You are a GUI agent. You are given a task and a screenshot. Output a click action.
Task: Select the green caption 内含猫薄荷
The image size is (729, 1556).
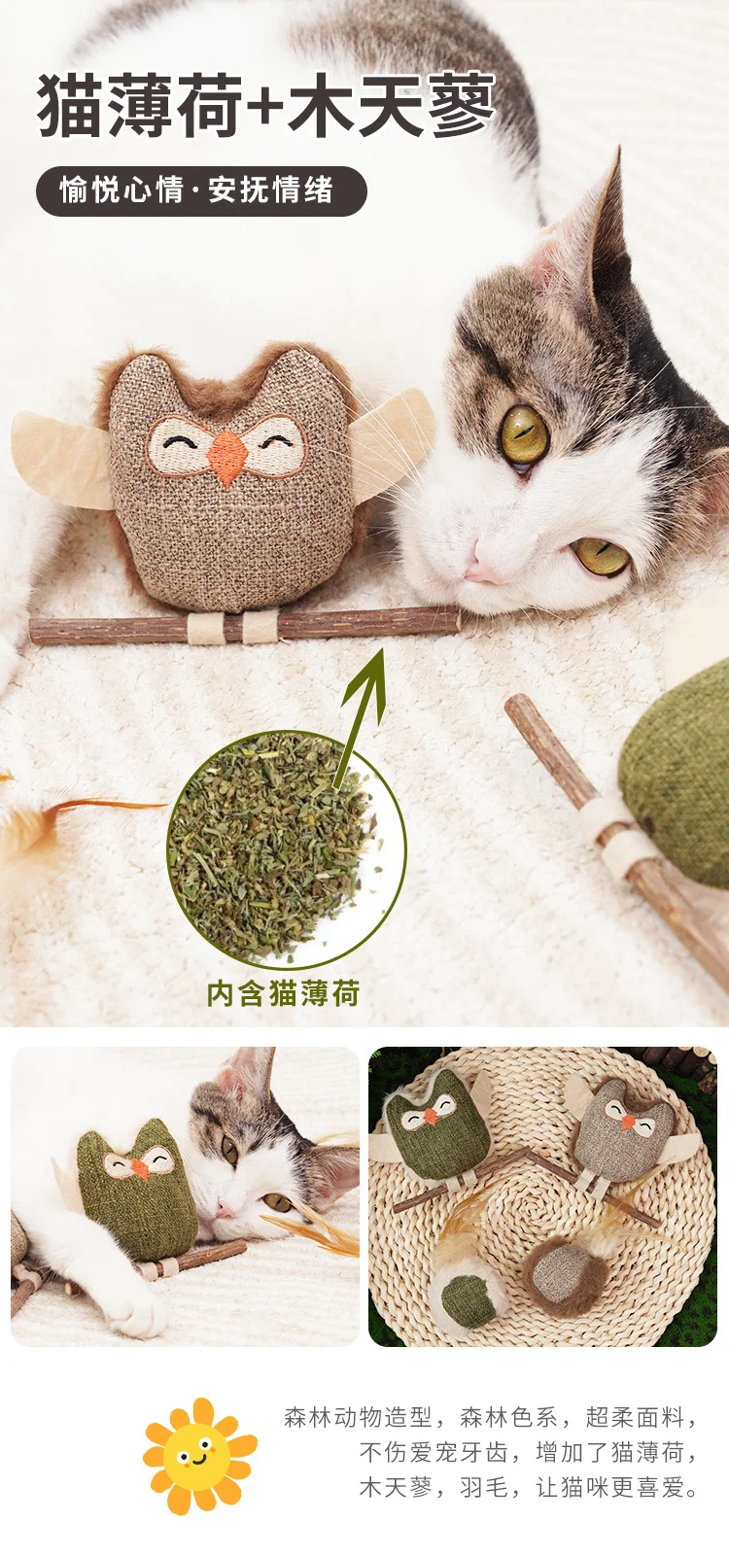284,992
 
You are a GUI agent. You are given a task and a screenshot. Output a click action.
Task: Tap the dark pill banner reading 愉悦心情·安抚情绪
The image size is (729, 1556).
201,191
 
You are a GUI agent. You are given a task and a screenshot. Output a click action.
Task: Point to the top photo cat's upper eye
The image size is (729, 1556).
525,435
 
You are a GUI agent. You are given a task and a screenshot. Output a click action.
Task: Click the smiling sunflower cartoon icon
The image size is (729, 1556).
200,1455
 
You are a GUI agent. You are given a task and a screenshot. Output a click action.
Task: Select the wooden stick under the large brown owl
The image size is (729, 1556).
245,626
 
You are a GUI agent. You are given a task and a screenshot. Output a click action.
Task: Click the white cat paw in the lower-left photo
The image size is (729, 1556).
138,1313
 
